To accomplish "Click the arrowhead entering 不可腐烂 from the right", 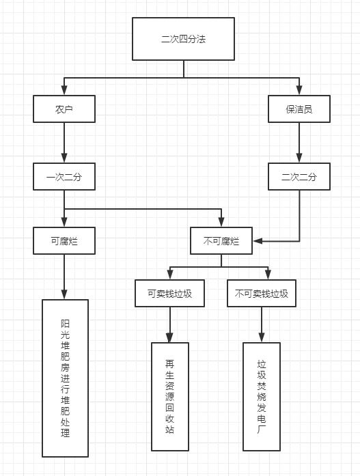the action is point(258,241).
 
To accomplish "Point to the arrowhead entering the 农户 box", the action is point(64,90).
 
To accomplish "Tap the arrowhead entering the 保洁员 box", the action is point(299,90).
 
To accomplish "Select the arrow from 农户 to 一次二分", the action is point(64,143).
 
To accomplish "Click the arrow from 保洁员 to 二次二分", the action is point(299,143).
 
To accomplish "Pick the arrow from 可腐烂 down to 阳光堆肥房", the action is point(64,277).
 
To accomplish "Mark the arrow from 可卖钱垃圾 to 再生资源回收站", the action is point(170,324).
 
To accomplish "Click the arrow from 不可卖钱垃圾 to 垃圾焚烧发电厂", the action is point(262,324).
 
